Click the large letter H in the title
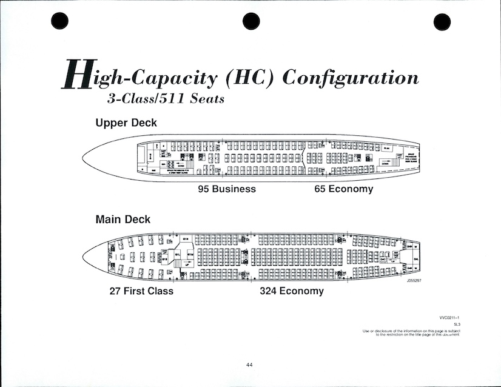pos(77,76)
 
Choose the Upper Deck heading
pos(126,123)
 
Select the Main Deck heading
pos(123,219)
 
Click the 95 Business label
pos(227,189)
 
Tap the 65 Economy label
pos(343,189)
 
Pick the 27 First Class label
pos(141,291)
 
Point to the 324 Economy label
pos(292,291)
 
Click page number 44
pos(250,365)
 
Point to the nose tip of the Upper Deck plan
pos(83,157)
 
